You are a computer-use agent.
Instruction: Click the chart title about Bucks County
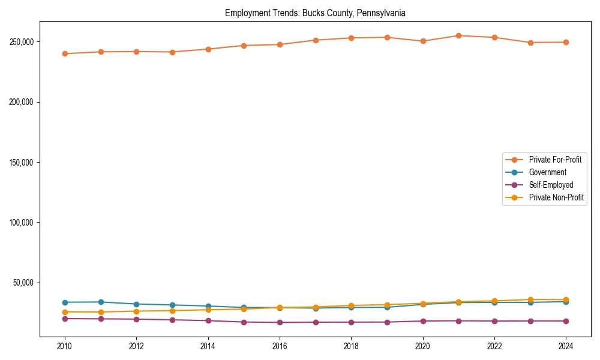click(x=315, y=13)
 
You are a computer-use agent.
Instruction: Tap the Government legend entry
click(x=547, y=172)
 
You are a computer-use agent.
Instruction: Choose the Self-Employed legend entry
click(x=551, y=185)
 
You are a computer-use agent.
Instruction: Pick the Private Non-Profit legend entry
click(x=556, y=197)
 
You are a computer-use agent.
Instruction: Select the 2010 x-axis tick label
click(x=65, y=346)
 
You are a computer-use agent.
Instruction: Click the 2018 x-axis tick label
click(x=352, y=346)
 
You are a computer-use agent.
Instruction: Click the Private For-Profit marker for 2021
click(x=459, y=35)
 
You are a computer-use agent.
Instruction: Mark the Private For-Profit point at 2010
click(x=65, y=53)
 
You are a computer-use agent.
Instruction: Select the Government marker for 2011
click(x=101, y=302)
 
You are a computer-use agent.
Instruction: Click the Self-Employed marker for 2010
click(x=65, y=319)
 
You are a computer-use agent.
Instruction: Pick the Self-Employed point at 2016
click(x=280, y=322)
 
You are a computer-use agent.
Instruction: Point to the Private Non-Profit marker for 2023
click(x=530, y=299)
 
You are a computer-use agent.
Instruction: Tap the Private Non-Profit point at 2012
click(x=137, y=311)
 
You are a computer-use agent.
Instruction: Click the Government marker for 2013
click(x=172, y=305)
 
